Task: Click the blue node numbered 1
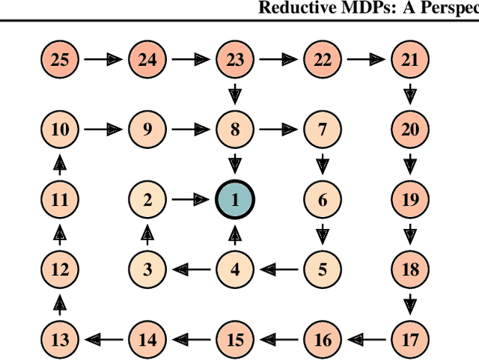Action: coord(235,199)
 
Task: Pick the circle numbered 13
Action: coord(60,340)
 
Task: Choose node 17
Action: coord(410,340)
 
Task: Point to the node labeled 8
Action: coord(235,129)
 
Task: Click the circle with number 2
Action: coord(147,199)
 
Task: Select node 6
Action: coord(323,199)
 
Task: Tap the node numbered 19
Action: coord(410,199)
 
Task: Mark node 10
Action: coord(60,129)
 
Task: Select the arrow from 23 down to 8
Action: coord(235,94)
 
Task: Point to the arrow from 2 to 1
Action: coord(191,199)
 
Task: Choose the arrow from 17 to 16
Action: coord(367,340)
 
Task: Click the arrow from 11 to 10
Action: coord(60,164)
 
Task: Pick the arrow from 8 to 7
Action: coord(278,129)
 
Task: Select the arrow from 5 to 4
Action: coord(278,269)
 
